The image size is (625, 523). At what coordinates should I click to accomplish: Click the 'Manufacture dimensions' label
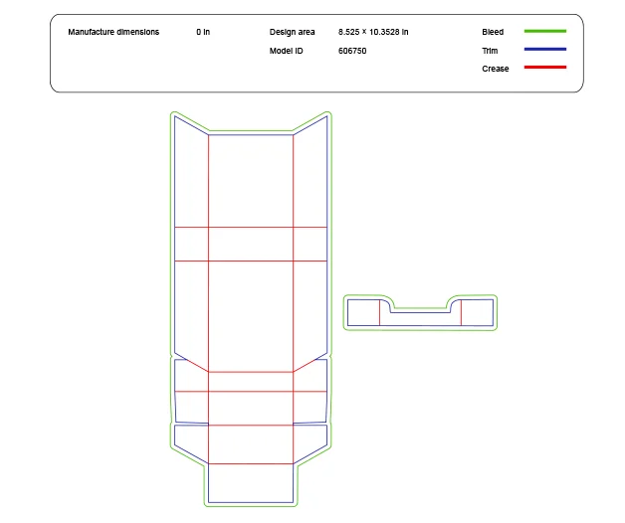click(x=113, y=32)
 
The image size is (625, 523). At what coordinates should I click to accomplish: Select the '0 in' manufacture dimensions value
click(x=203, y=32)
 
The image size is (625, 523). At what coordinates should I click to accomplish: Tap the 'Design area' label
click(x=292, y=32)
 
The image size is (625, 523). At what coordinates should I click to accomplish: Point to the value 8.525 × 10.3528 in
click(x=373, y=32)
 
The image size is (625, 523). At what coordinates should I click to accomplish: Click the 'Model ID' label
click(x=286, y=51)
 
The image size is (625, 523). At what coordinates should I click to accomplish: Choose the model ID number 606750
click(x=352, y=51)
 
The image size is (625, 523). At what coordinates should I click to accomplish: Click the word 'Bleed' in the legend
click(x=493, y=32)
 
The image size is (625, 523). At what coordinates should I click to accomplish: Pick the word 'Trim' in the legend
click(x=490, y=50)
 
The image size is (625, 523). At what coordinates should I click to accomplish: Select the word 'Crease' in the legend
click(x=495, y=69)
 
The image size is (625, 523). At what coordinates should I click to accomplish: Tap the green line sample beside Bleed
click(x=544, y=32)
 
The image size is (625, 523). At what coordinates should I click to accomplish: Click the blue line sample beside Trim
click(x=544, y=50)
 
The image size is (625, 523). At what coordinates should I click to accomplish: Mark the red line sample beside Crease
click(x=544, y=68)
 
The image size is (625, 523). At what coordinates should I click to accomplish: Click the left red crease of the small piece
click(x=379, y=312)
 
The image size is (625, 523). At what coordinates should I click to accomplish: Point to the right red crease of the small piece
click(x=461, y=312)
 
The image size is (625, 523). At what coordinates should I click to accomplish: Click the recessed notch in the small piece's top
click(x=420, y=309)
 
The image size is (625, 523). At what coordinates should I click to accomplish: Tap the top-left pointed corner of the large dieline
click(x=175, y=116)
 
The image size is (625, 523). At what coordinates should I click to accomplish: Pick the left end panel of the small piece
click(x=363, y=312)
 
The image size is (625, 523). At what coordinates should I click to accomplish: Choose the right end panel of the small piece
click(x=477, y=312)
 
